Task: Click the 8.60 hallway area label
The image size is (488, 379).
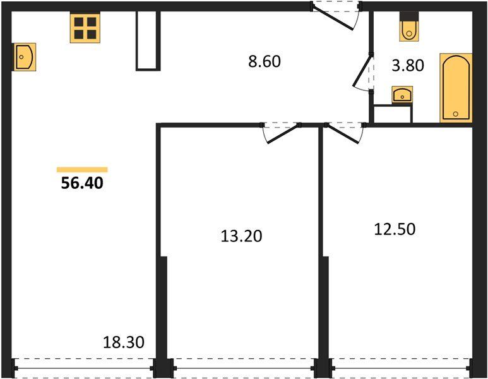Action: (265, 61)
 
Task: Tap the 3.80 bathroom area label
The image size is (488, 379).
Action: (408, 66)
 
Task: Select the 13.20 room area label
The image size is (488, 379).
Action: (241, 236)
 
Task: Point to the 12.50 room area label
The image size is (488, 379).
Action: (395, 229)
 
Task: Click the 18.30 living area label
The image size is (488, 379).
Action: (124, 342)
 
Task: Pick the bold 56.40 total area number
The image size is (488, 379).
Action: (82, 183)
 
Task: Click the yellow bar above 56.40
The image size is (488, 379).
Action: (82, 170)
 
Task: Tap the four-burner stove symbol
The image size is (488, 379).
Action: (85, 28)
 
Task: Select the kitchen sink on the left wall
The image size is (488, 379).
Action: (24, 57)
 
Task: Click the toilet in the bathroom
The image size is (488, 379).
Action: (409, 27)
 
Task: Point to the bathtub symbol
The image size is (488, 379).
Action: (456, 88)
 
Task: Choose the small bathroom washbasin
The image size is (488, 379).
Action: (402, 94)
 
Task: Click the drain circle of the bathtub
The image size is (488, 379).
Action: (456, 114)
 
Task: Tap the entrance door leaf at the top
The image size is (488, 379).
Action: (333, 19)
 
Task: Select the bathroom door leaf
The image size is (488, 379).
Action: (362, 71)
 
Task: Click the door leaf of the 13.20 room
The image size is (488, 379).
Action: (283, 135)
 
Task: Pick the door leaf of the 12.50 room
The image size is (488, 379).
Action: (342, 134)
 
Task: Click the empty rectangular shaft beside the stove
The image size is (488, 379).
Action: (148, 41)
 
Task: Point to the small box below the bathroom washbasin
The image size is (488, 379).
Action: (393, 114)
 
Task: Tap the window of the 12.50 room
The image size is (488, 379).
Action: (401, 368)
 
